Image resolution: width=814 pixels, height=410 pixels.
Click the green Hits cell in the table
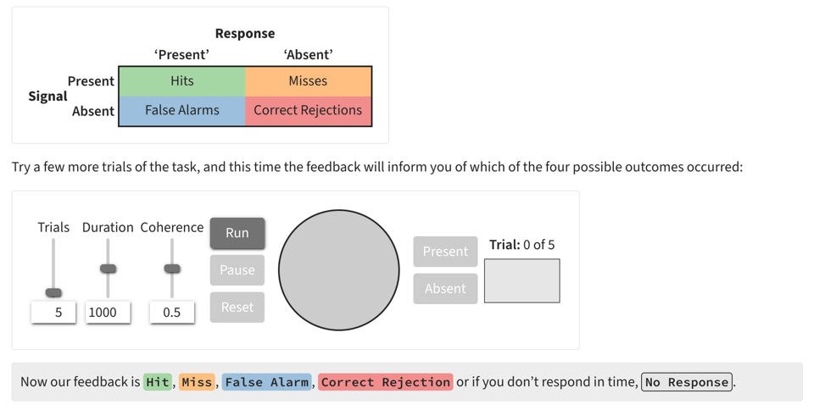[181, 81]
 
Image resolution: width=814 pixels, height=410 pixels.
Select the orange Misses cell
[308, 81]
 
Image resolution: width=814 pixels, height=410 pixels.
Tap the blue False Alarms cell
[181, 111]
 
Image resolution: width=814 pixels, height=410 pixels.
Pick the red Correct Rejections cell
[308, 111]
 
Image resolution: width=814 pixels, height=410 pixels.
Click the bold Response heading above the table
[244, 34]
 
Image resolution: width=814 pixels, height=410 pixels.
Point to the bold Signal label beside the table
[47, 96]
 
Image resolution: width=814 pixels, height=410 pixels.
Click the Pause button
[237, 270]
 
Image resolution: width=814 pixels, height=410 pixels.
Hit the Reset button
[237, 307]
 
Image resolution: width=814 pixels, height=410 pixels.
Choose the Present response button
[445, 252]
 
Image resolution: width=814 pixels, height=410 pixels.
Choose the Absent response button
[445, 289]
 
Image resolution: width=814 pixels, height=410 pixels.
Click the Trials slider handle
[53, 292]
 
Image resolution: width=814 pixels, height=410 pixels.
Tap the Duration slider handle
[108, 269]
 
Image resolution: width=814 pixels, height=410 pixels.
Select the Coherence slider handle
[172, 269]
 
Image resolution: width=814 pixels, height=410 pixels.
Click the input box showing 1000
[108, 313]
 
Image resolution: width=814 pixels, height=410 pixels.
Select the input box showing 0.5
[172, 313]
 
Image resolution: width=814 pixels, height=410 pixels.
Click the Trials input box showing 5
[53, 313]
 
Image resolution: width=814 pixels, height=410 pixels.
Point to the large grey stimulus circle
[339, 270]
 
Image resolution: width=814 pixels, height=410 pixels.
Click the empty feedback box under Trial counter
[521, 280]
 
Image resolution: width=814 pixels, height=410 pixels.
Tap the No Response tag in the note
[687, 382]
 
